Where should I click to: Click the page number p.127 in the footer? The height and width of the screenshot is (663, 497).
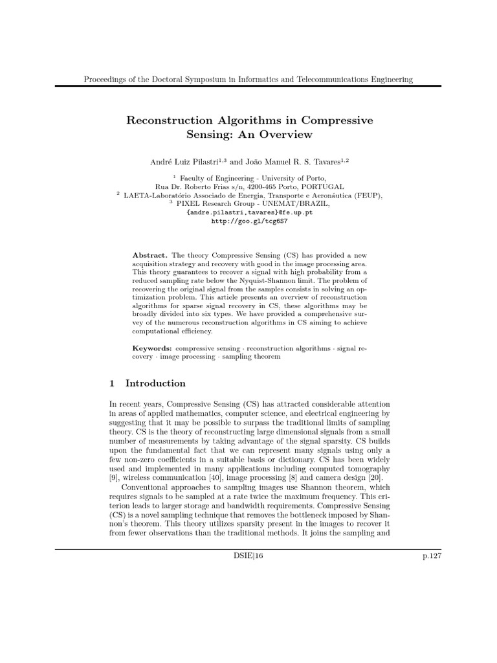[x=430, y=556]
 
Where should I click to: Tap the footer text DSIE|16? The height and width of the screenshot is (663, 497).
[x=248, y=556]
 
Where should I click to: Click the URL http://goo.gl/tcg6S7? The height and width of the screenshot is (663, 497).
[x=249, y=221]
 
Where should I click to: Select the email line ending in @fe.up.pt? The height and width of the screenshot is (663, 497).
[x=249, y=212]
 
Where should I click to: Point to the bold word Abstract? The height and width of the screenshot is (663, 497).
[x=149, y=256]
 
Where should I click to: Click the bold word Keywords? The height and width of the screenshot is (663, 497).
[x=152, y=348]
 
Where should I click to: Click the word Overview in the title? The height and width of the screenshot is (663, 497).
[x=283, y=135]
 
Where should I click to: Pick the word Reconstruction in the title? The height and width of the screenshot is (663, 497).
[x=170, y=120]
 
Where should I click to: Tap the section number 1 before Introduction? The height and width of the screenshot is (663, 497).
[x=113, y=383]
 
